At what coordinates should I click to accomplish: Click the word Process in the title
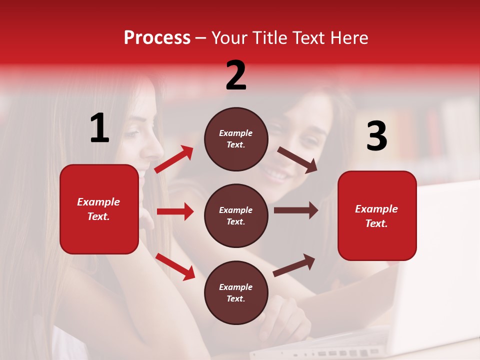click(x=157, y=38)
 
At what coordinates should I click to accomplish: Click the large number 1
click(x=99, y=128)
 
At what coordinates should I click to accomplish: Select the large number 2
click(x=236, y=76)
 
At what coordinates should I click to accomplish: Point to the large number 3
click(x=376, y=136)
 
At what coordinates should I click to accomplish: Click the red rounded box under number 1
click(x=99, y=209)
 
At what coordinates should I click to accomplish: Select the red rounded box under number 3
click(x=377, y=216)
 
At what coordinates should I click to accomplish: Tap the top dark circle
click(x=236, y=139)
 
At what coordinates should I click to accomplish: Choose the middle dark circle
click(x=236, y=216)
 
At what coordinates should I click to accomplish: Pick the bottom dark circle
click(x=236, y=293)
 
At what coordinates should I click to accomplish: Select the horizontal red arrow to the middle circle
click(x=175, y=211)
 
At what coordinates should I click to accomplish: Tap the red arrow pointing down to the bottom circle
click(x=175, y=266)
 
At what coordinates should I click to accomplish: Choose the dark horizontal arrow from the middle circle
click(x=295, y=210)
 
